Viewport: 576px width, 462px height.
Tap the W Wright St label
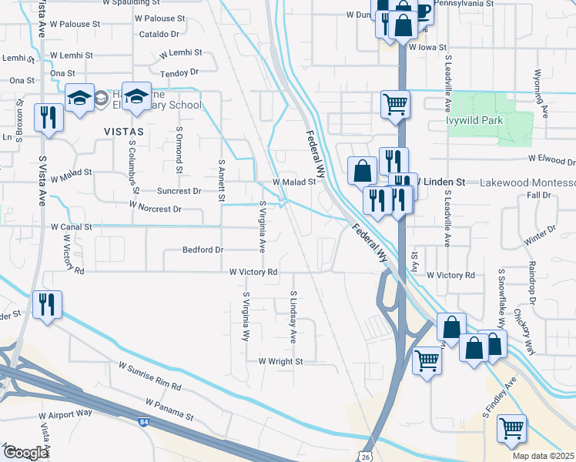[281, 360]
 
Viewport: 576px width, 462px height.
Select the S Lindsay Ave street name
[293, 317]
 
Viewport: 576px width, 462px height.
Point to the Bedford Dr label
[203, 250]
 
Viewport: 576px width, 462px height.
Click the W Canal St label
[72, 227]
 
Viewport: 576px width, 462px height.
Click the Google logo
[25, 453]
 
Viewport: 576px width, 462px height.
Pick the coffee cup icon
[421, 10]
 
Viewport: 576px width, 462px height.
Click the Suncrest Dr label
[179, 191]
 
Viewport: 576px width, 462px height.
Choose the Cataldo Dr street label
[159, 35]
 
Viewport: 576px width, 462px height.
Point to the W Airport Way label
[65, 413]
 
